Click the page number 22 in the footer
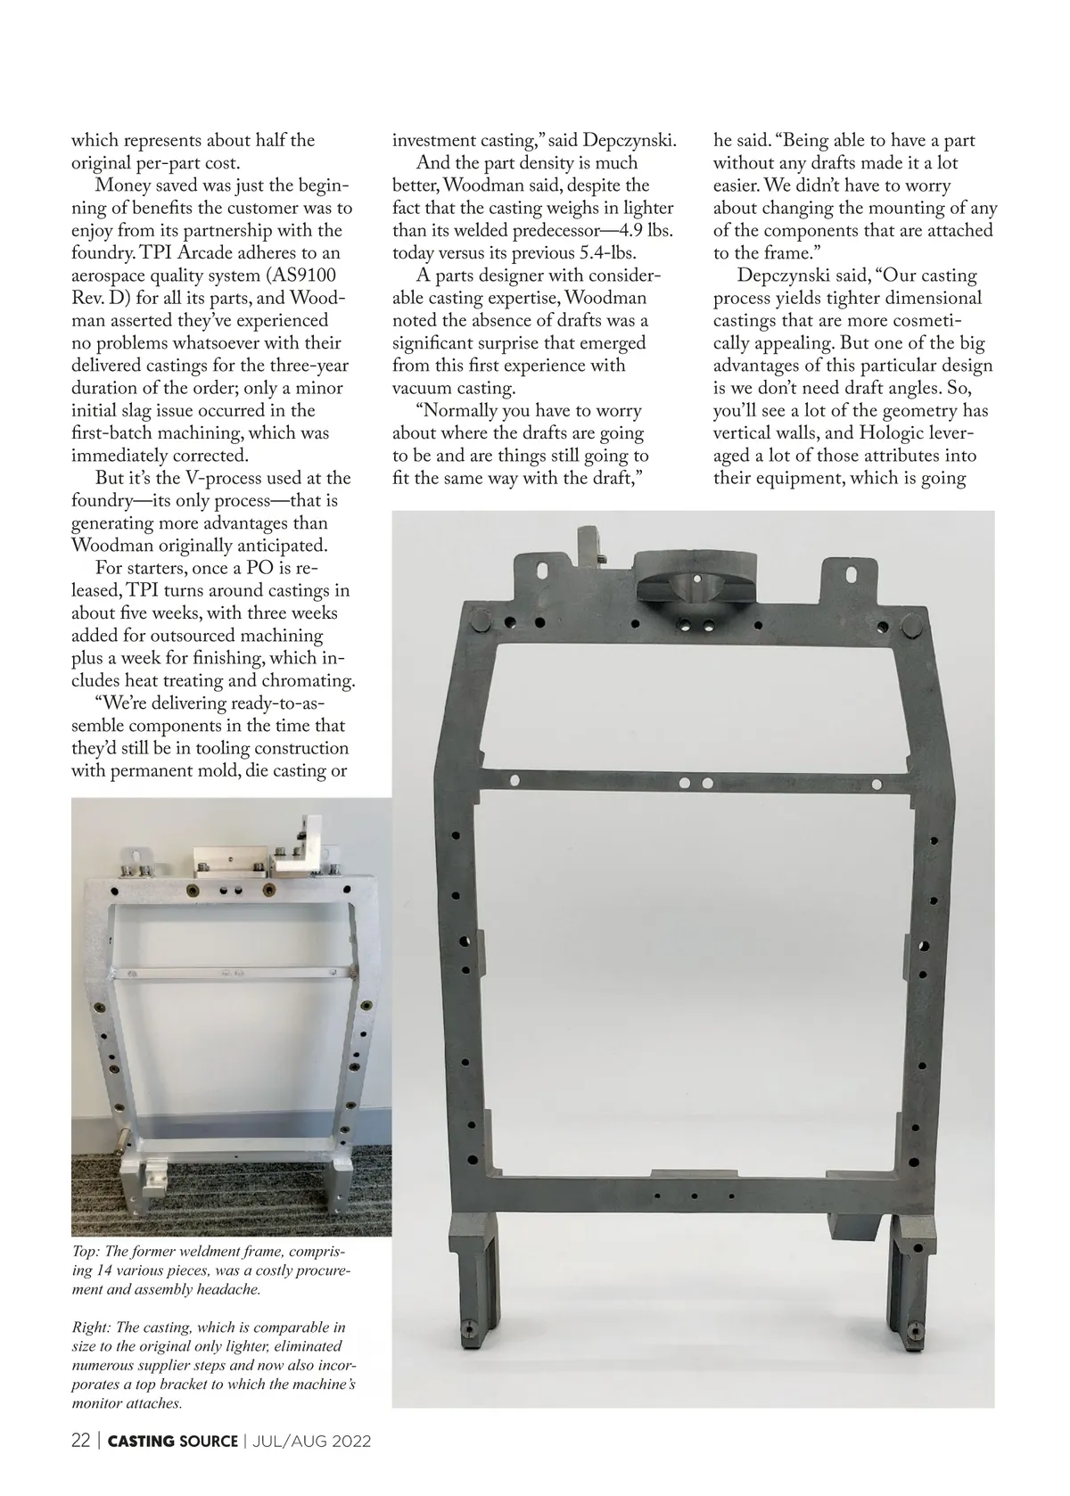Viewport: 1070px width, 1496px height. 81,1442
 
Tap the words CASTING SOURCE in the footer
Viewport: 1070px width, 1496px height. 173,1442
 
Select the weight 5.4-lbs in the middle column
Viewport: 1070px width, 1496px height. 603,252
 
